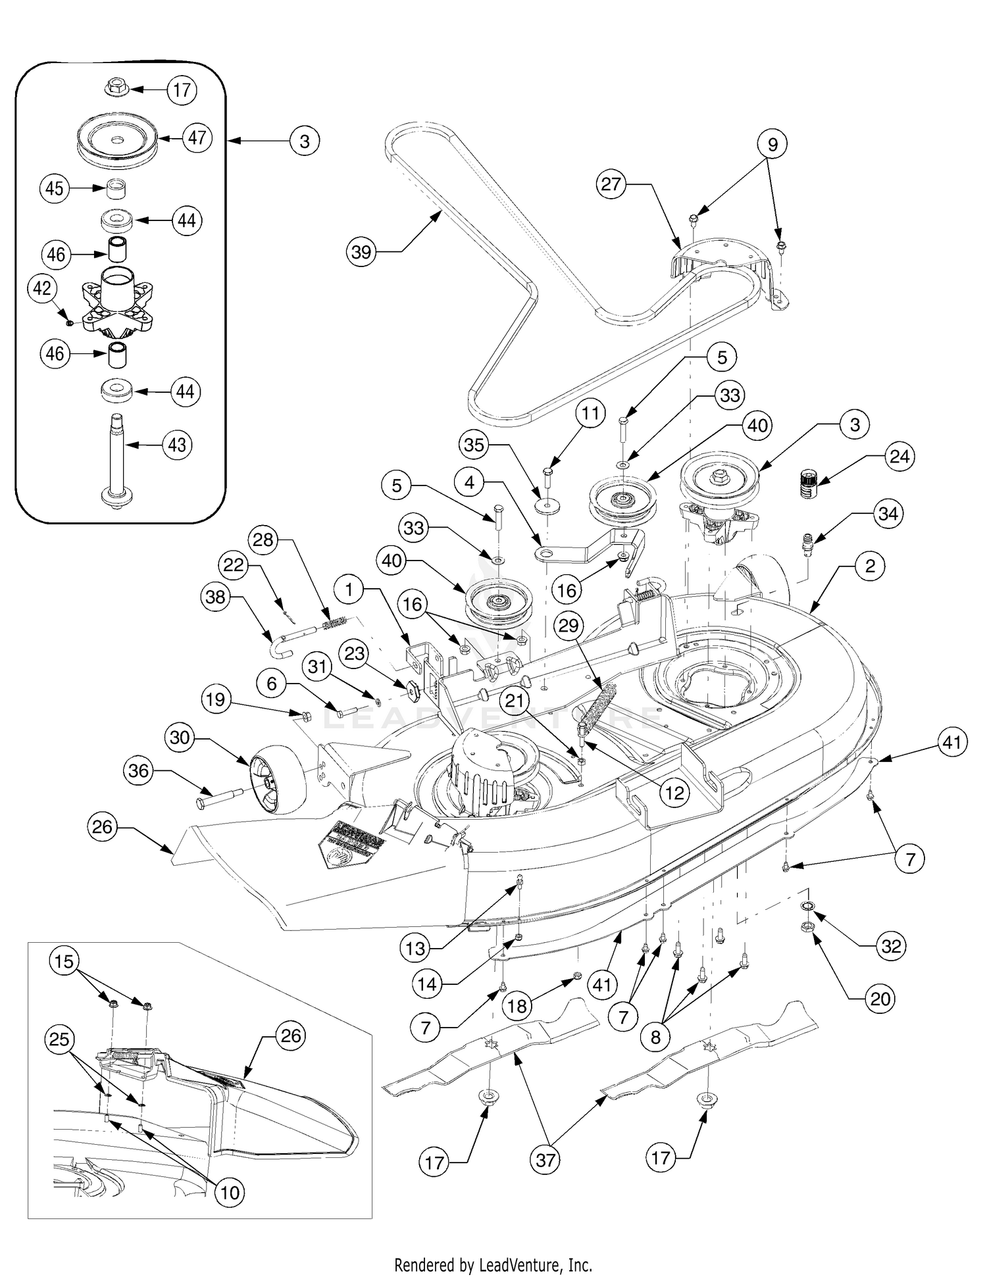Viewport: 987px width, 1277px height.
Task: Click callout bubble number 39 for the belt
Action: point(361,252)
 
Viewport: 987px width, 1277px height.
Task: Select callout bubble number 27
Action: point(611,184)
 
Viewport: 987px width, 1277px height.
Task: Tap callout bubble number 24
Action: point(899,456)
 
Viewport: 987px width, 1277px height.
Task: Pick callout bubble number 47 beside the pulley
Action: point(197,138)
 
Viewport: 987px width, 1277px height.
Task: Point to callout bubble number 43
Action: point(177,445)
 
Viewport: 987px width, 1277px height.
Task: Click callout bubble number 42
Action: point(42,289)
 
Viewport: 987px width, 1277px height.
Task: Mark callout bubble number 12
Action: point(674,793)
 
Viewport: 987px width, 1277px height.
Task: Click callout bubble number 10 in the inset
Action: point(230,1191)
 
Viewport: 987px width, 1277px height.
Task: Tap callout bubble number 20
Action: point(880,999)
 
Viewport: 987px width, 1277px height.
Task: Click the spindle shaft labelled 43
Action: point(116,461)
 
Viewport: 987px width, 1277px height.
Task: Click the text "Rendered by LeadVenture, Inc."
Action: point(493,1264)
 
